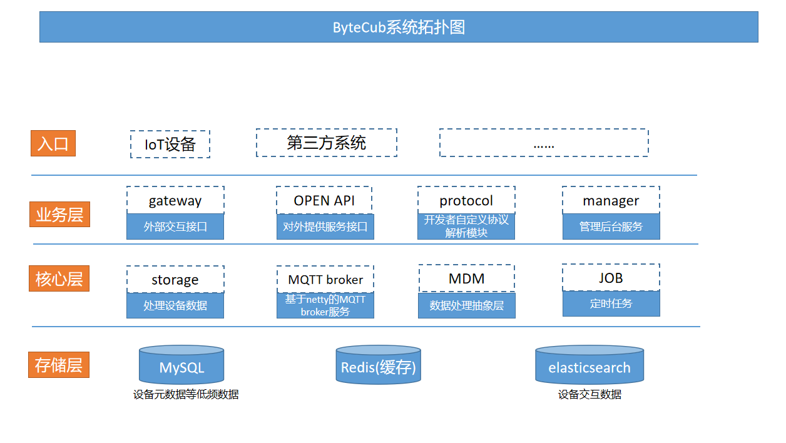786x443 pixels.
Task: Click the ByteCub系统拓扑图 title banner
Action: tap(399, 27)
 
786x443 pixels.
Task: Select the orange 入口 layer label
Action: tap(53, 143)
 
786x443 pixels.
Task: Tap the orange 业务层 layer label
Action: tap(59, 215)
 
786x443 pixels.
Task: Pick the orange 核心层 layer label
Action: tap(59, 278)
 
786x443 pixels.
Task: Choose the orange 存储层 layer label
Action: tap(59, 365)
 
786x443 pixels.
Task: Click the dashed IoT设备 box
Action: tap(170, 145)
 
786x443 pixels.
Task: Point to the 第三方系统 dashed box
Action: tap(326, 143)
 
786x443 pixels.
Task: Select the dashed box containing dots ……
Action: tap(543, 143)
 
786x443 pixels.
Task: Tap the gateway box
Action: tap(175, 200)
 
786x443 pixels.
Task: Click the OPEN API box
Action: tap(324, 200)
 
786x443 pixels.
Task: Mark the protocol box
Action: tap(466, 200)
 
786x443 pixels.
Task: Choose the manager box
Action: tap(611, 200)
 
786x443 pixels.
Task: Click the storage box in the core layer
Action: tap(175, 279)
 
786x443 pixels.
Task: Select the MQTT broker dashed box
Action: tap(325, 279)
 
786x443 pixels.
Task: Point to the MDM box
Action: tap(466, 278)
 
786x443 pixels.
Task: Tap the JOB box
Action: tap(611, 277)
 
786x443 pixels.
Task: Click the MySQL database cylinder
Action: tap(181, 367)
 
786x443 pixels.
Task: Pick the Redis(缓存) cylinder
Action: tap(378, 367)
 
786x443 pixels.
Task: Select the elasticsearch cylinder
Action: tap(589, 367)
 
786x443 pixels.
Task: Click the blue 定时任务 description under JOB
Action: tap(611, 303)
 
